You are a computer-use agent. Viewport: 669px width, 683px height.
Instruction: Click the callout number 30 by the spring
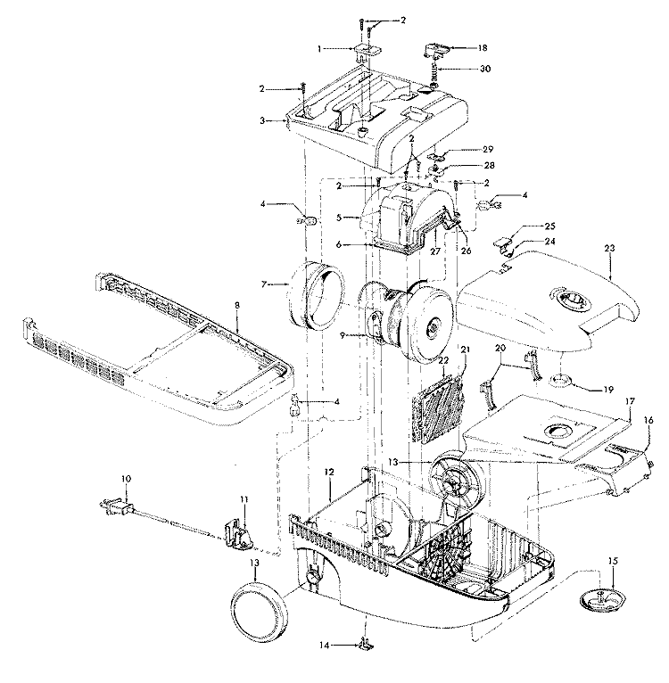(x=485, y=69)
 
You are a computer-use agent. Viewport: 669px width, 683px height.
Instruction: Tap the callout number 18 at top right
(x=482, y=48)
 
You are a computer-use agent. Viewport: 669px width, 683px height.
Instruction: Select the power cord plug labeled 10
(x=116, y=507)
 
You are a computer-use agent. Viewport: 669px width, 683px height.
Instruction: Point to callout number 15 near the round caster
(x=613, y=561)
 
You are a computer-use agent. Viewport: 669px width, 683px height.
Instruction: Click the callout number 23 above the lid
(x=609, y=249)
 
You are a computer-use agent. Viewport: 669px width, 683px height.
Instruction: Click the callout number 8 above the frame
(x=237, y=306)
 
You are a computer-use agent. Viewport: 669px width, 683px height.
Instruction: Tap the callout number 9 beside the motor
(x=343, y=336)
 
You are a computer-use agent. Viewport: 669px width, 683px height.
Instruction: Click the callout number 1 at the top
(x=319, y=49)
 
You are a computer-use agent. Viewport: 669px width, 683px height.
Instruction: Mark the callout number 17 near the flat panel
(x=631, y=401)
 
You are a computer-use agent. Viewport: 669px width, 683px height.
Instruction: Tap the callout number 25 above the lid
(x=550, y=226)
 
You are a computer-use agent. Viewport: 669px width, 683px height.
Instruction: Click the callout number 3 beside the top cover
(x=262, y=120)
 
